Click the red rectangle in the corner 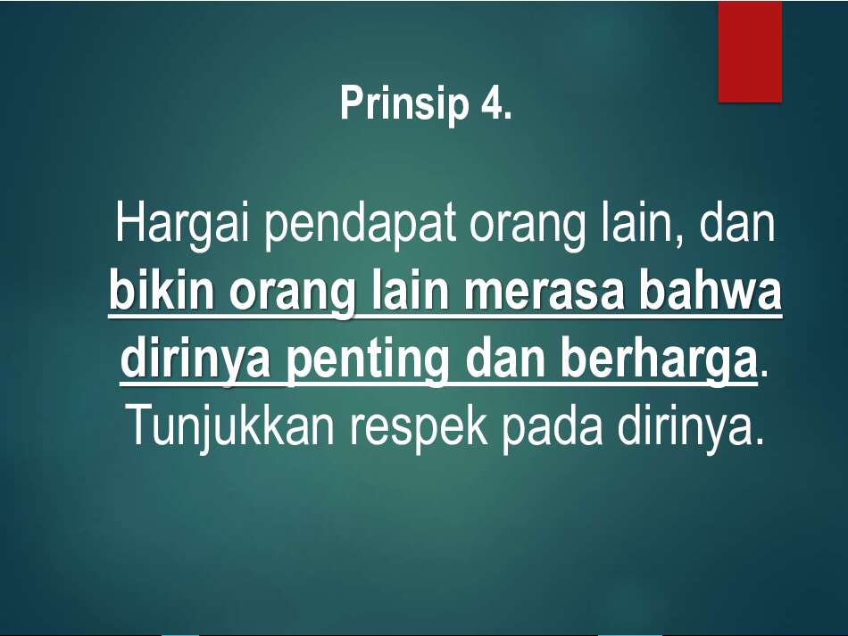[750, 51]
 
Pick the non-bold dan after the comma [737, 226]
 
